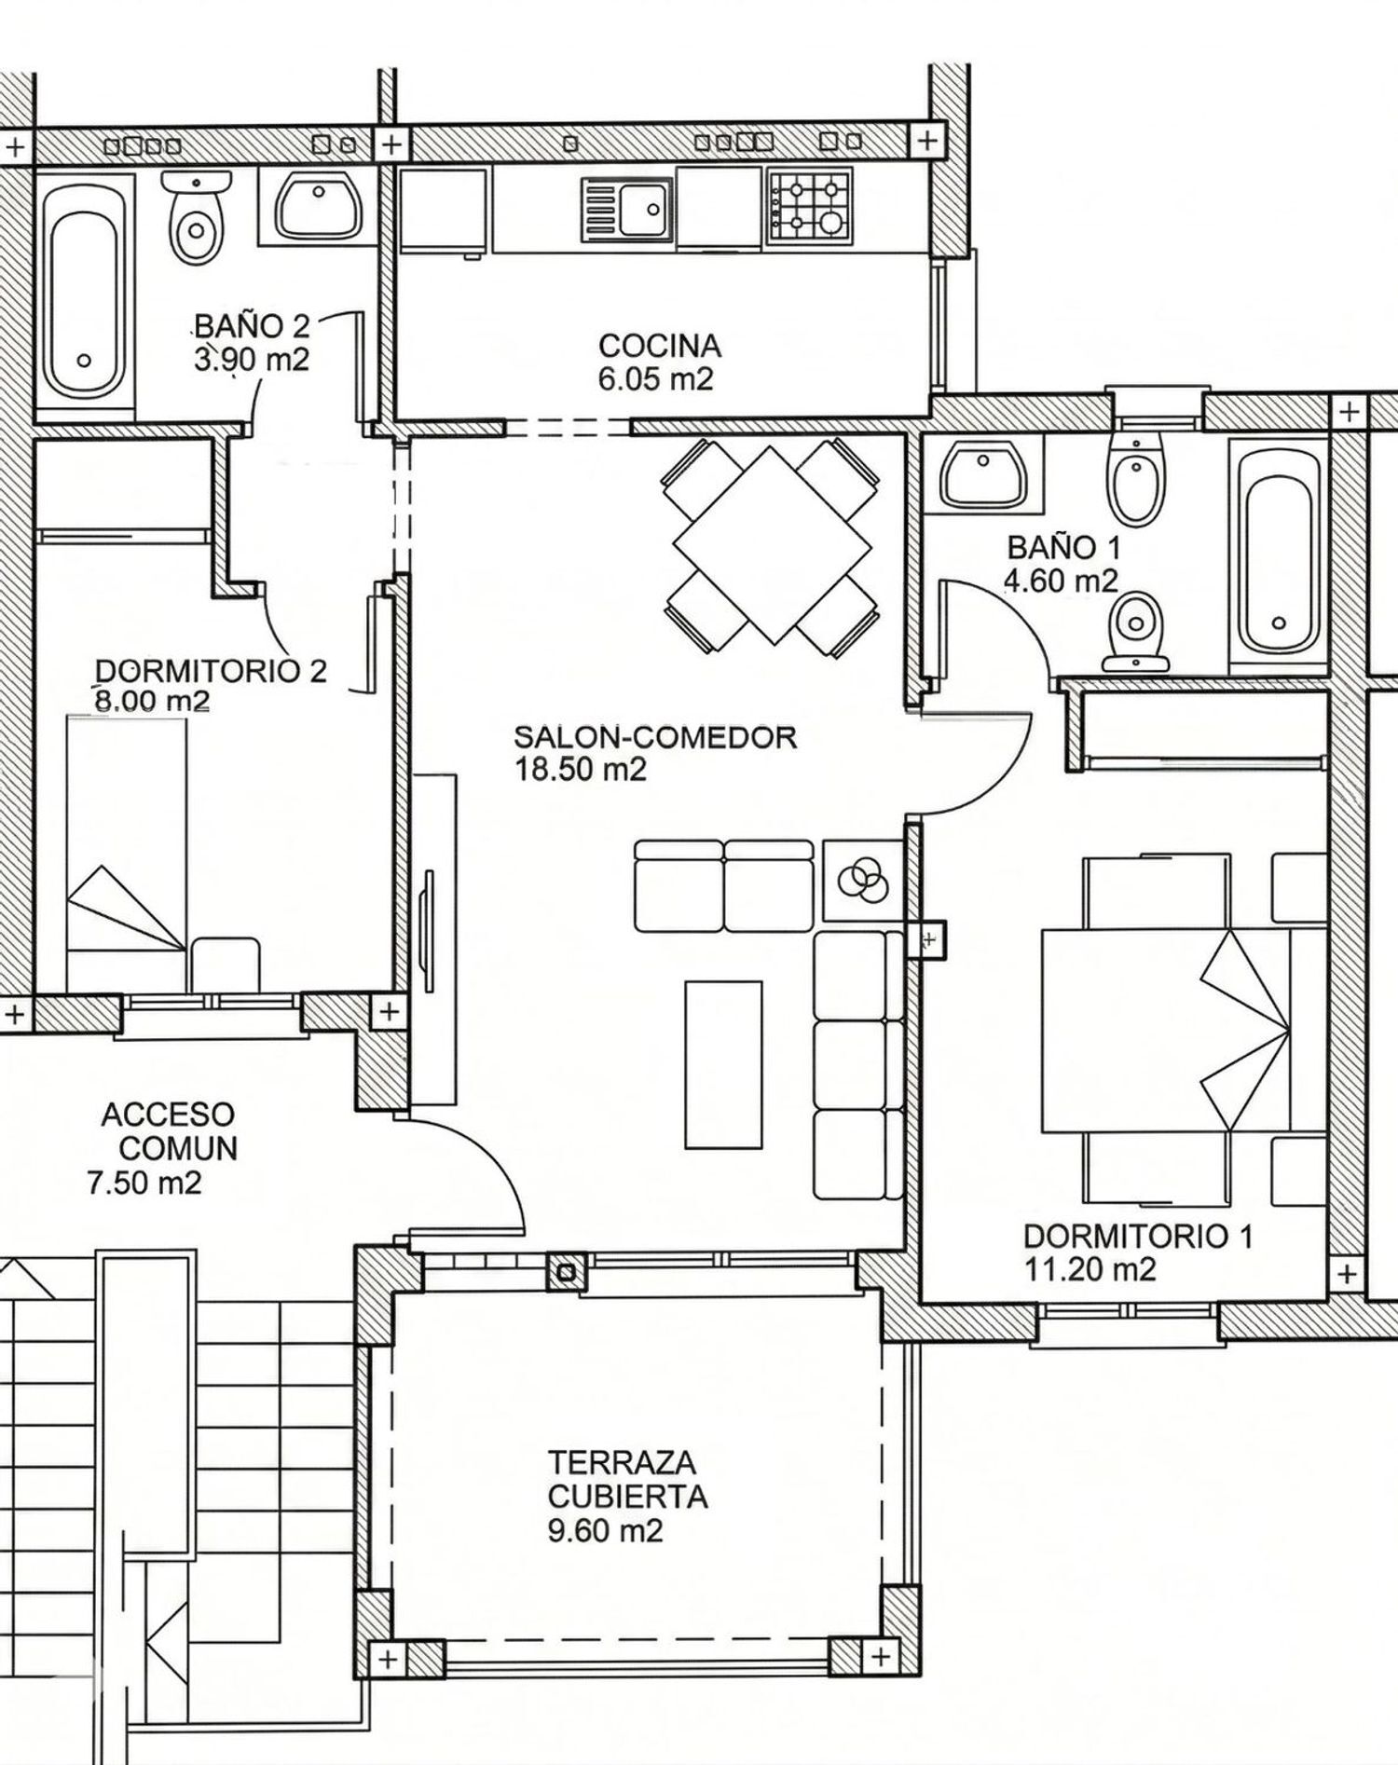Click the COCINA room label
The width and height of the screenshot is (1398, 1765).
[x=659, y=346]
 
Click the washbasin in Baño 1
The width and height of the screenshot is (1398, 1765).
[x=983, y=475]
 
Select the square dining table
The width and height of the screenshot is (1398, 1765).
[x=772, y=545]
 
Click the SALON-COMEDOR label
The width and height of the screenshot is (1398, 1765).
[x=655, y=738]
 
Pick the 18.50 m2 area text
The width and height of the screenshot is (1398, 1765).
[x=580, y=771]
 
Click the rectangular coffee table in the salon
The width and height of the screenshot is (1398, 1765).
[x=723, y=1063]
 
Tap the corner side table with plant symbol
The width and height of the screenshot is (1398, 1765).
[x=863, y=880]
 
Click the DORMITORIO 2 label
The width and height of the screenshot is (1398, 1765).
[x=211, y=671]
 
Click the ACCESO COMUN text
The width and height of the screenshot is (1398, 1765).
[x=169, y=1131]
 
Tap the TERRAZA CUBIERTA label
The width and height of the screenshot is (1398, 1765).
[x=626, y=1478]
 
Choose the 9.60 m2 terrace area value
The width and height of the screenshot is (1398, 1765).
[x=605, y=1531]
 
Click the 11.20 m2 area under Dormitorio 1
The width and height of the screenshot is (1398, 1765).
[x=1090, y=1269]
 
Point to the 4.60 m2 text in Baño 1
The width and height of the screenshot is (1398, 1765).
[x=1060, y=581]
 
